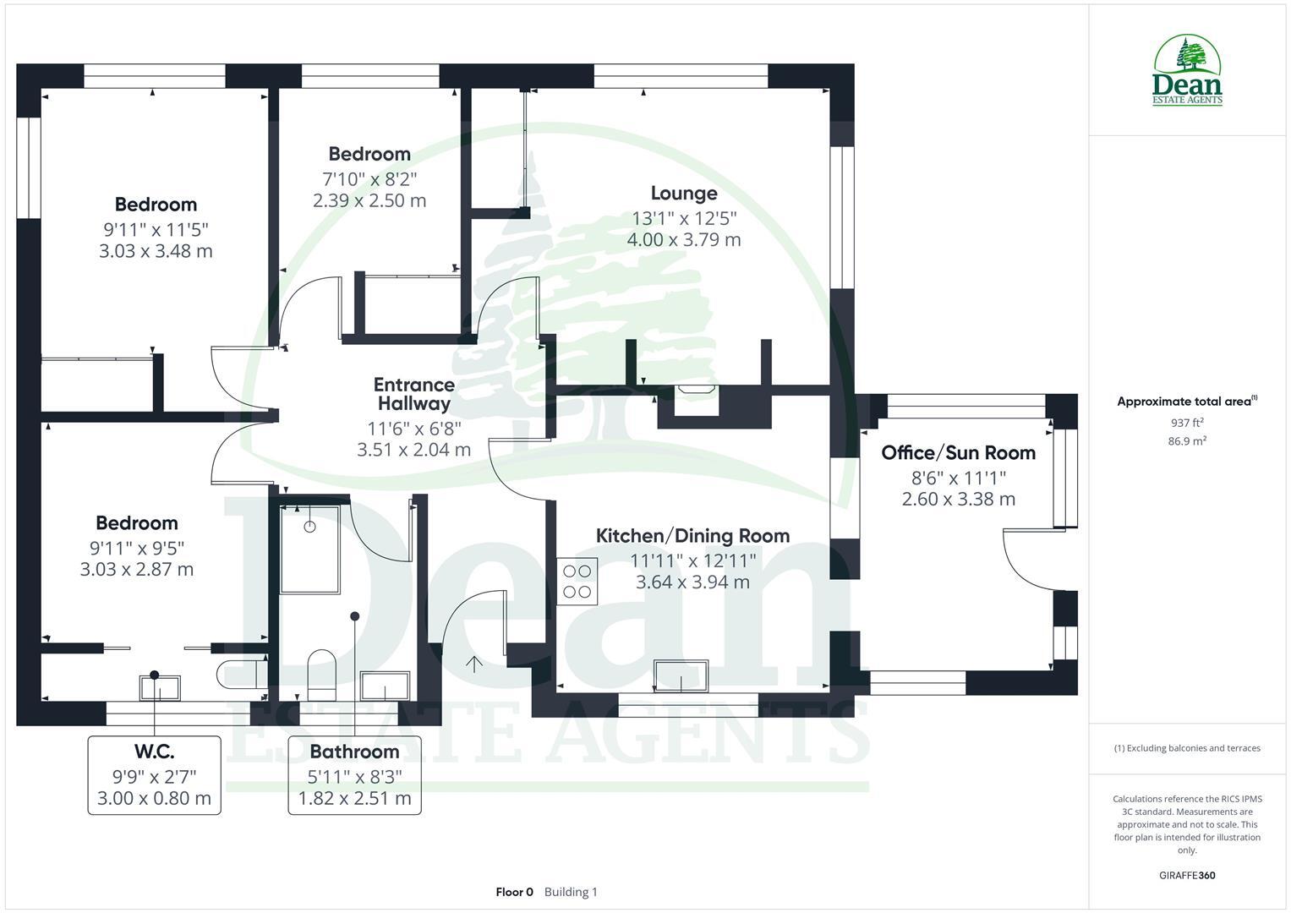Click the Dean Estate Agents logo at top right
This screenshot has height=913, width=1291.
point(1187,71)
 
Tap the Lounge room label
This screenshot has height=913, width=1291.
point(683,194)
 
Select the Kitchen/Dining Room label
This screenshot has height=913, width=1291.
point(692,535)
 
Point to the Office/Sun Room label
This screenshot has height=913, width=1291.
point(958,452)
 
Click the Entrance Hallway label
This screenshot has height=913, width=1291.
point(413,394)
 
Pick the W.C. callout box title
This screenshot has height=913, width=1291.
point(154,752)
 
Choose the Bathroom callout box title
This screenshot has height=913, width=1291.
point(354,752)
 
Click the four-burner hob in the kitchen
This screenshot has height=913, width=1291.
point(577,581)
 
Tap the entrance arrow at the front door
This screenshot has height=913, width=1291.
point(474,664)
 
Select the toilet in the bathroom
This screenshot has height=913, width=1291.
point(322,668)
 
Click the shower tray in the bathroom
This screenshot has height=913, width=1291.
point(309,549)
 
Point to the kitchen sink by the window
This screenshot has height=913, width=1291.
point(681,674)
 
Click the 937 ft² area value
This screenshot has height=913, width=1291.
point(1187,423)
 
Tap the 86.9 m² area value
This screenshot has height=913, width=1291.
point(1187,441)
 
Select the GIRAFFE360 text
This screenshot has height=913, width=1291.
point(1187,875)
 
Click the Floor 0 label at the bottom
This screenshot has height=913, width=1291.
point(514,892)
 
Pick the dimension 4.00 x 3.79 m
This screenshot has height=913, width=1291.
point(683,240)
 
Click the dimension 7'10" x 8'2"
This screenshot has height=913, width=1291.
point(369,178)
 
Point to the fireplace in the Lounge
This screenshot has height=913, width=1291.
point(697,390)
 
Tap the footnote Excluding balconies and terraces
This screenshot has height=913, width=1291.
point(1187,748)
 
